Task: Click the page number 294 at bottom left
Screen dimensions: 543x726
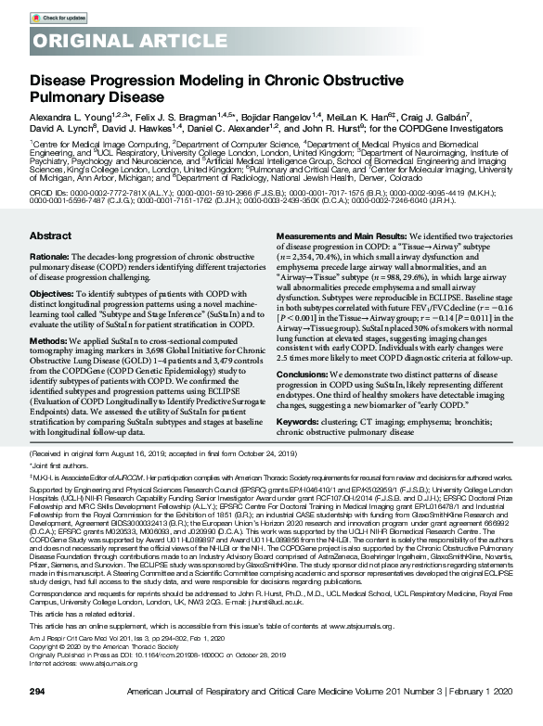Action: (x=38, y=716)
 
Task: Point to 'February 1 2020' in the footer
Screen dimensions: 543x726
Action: (x=482, y=716)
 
